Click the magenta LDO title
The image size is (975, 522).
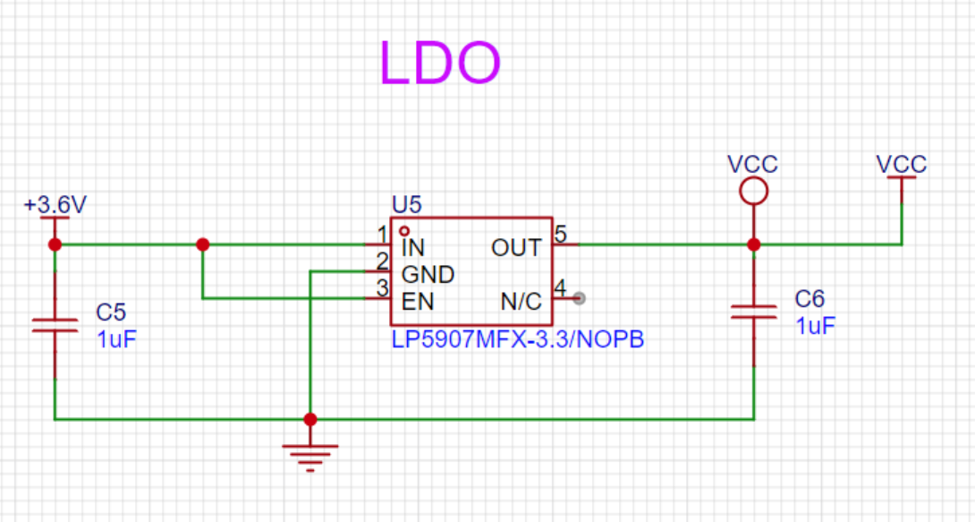point(439,62)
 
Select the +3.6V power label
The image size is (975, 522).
point(55,204)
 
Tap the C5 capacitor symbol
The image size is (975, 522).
point(55,325)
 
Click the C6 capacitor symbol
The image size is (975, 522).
point(754,312)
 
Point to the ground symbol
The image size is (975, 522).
point(310,458)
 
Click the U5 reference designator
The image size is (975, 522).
point(407,204)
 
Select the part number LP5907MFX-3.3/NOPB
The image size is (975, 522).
point(517,339)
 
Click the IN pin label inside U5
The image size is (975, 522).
point(413,248)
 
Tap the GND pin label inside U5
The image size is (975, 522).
point(428,274)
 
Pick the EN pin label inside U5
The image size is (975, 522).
point(417,302)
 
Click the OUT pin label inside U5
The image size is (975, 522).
point(516,248)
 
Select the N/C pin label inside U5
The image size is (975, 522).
point(521,302)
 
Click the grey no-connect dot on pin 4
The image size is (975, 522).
point(579,299)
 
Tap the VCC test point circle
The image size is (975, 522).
point(754,178)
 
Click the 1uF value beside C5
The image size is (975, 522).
point(116,339)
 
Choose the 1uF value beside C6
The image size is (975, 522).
point(815,325)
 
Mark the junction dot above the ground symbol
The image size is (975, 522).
point(310,419)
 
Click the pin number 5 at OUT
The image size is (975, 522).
point(560,234)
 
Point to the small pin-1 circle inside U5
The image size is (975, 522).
point(404,231)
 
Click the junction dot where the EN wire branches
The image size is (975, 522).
point(203,244)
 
